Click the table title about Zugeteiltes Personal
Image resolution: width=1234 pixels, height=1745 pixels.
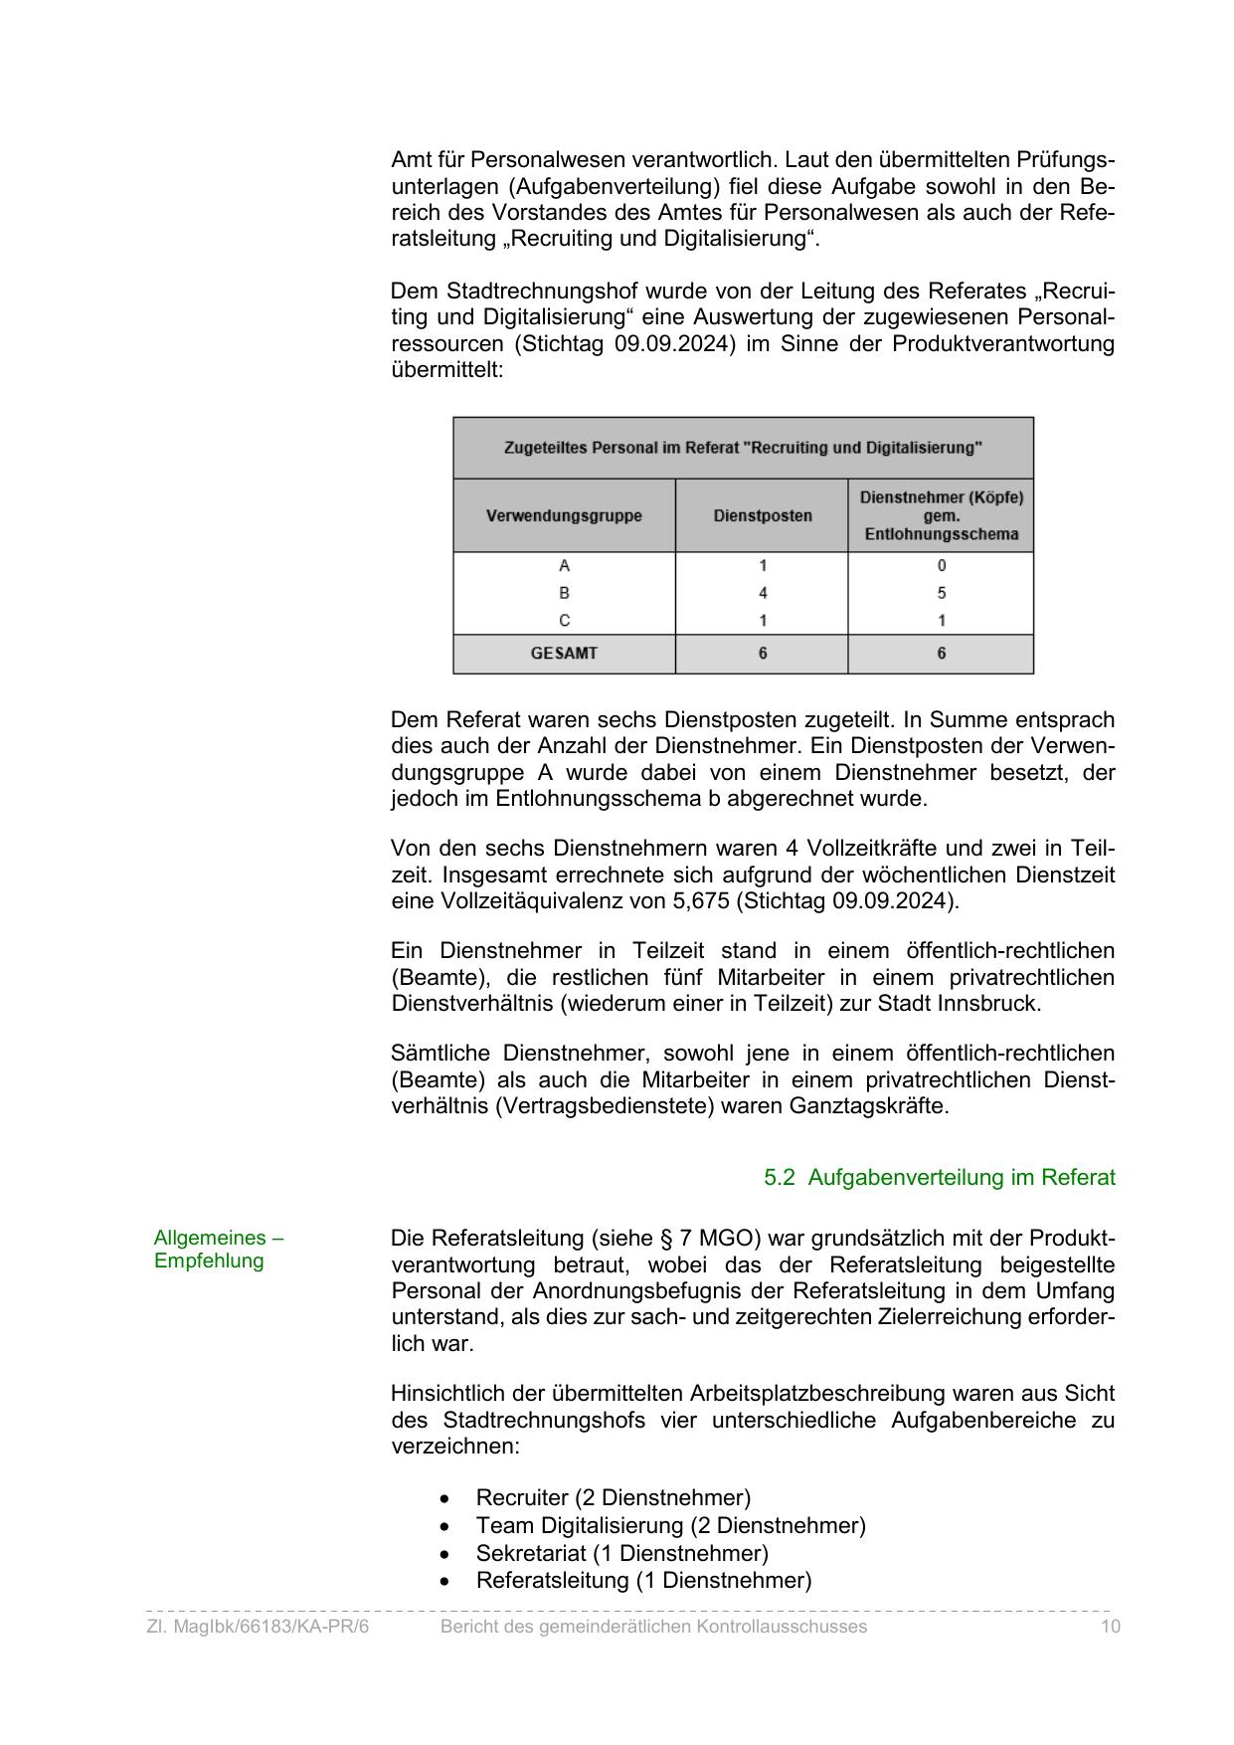pyautogui.click(x=743, y=448)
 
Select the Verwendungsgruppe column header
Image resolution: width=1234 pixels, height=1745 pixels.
pyautogui.click(x=564, y=515)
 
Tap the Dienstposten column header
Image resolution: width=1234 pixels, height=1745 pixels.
pyautogui.click(x=763, y=515)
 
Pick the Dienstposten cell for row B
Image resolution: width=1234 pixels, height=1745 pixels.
pyautogui.click(x=763, y=593)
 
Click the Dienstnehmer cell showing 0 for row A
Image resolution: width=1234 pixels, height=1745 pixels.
pyautogui.click(x=941, y=566)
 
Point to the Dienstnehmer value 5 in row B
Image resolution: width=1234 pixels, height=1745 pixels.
pyautogui.click(x=941, y=593)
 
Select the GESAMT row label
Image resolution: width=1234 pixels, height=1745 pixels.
pyautogui.click(x=564, y=654)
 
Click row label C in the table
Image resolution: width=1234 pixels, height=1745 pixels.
pyautogui.click(x=564, y=621)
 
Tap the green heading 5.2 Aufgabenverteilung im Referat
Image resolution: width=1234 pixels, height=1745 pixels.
pyautogui.click(x=939, y=1178)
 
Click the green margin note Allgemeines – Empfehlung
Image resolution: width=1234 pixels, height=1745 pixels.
pyautogui.click(x=219, y=1250)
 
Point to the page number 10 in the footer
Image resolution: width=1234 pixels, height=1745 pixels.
pyautogui.click(x=1110, y=1627)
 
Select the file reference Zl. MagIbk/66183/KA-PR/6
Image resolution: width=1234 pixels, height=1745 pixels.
pyautogui.click(x=258, y=1627)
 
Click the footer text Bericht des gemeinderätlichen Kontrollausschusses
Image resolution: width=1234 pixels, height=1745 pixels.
pyautogui.click(x=653, y=1627)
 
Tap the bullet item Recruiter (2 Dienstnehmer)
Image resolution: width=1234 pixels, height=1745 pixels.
pyautogui.click(x=613, y=1497)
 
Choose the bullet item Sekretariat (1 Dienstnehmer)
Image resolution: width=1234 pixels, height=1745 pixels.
pyautogui.click(x=621, y=1553)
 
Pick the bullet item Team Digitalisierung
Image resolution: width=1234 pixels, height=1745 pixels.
pyautogui.click(x=670, y=1525)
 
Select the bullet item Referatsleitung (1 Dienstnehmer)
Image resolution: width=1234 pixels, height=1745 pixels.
pyautogui.click(x=643, y=1580)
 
